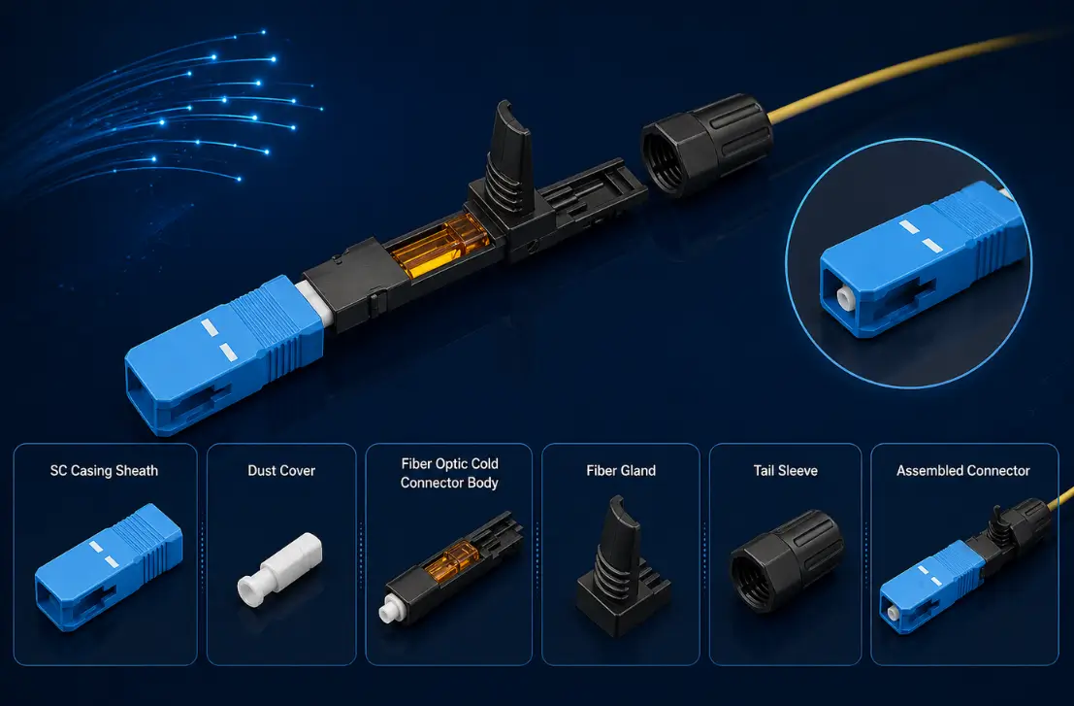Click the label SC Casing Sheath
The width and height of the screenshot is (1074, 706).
(104, 471)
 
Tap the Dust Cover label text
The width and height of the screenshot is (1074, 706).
(281, 471)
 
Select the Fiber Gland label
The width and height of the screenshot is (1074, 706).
(621, 471)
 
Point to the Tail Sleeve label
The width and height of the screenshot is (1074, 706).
(786, 471)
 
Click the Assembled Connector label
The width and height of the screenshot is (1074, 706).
(963, 471)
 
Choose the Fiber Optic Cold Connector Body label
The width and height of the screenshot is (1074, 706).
(449, 473)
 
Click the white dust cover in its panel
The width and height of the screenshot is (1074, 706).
(279, 569)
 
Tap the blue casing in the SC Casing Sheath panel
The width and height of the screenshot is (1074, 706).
(109, 567)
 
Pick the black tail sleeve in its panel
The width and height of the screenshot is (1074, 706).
(786, 560)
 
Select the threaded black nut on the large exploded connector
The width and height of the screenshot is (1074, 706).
(707, 146)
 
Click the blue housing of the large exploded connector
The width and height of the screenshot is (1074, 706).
(224, 354)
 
